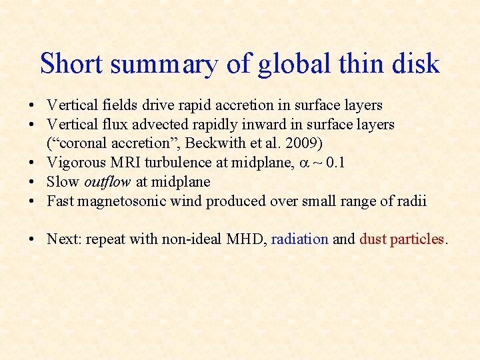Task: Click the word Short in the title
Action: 71,64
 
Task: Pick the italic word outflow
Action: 106,181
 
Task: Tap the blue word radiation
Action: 299,239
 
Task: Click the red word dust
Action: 373,239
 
